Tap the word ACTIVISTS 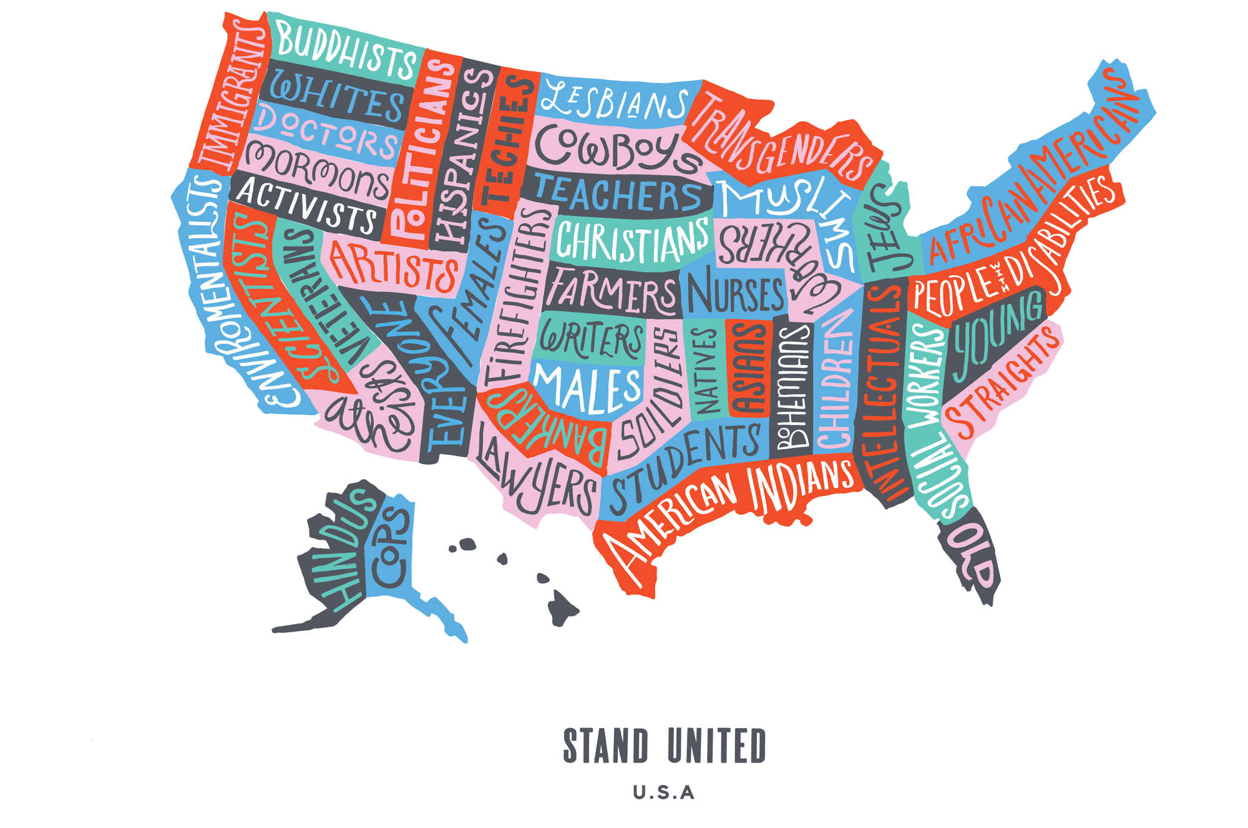pos(306,203)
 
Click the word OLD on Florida pos(973,555)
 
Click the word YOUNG pos(995,337)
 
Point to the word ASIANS pos(749,368)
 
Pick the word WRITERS pos(590,340)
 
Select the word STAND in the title pos(606,746)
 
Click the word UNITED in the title pos(716,746)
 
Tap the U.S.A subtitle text pos(663,793)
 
